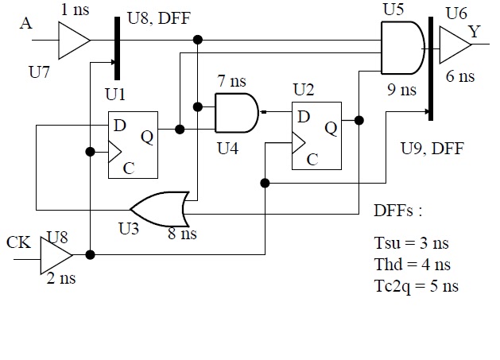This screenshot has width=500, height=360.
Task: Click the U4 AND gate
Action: [x=236, y=113]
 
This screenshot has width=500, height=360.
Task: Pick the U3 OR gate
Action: [x=160, y=209]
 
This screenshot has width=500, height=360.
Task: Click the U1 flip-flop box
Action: [x=133, y=144]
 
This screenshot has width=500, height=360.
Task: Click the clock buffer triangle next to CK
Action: [x=55, y=255]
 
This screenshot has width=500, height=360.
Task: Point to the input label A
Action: [x=26, y=24]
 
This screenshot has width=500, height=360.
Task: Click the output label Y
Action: [x=474, y=31]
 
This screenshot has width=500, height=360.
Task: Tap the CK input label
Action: [x=19, y=241]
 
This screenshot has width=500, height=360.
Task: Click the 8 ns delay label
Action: [x=182, y=234]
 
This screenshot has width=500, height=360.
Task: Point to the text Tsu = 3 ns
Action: [x=412, y=244]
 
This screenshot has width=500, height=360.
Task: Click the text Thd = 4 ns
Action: [x=413, y=265]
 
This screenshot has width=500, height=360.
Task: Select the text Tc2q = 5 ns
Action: [x=416, y=286]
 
